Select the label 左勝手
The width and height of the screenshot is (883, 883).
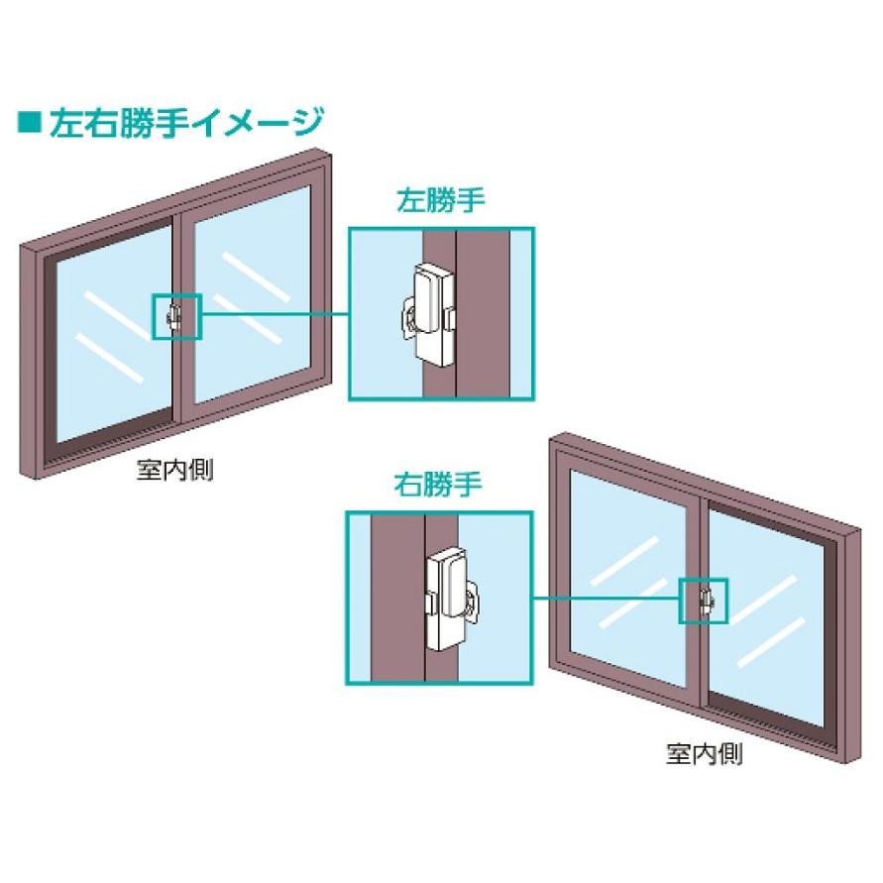click(441, 203)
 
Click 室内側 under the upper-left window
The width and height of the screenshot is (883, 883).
click(174, 469)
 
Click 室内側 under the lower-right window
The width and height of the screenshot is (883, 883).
click(705, 753)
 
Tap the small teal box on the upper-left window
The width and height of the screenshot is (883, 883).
click(176, 316)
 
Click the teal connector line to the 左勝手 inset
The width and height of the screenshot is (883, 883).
click(275, 315)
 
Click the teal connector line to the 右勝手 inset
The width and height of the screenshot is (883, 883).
click(605, 600)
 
